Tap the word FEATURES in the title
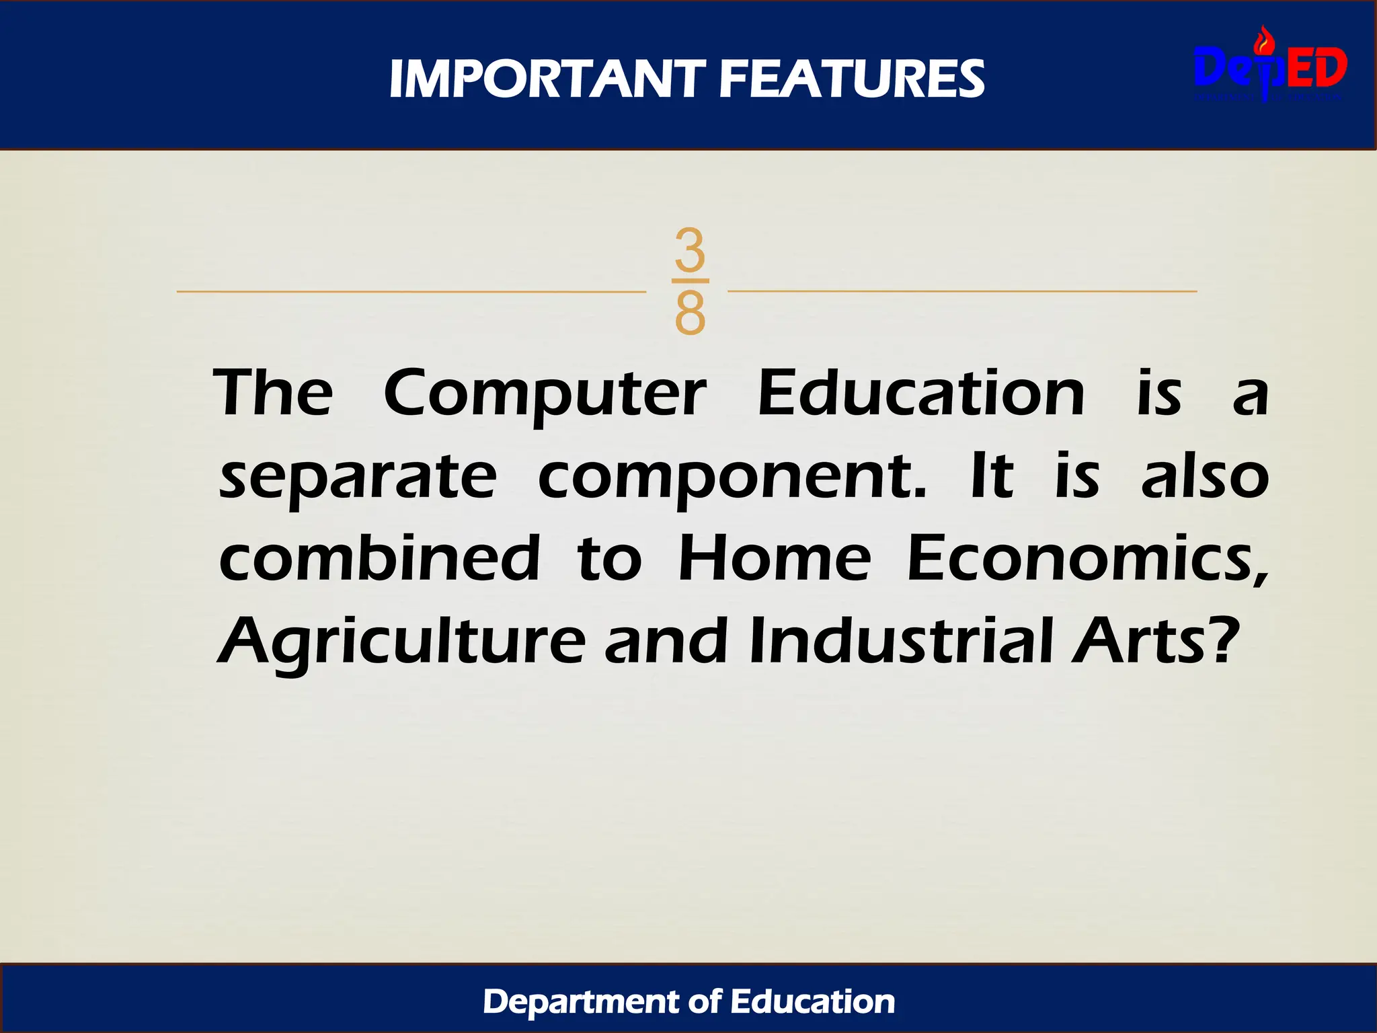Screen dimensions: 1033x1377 coord(852,79)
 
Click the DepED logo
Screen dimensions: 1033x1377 coord(1270,68)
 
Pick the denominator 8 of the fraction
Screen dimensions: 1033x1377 coord(690,313)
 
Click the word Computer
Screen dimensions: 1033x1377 coord(545,395)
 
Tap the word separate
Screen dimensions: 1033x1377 coord(358,478)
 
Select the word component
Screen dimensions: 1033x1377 coord(732,478)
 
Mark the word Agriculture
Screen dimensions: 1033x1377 coord(402,642)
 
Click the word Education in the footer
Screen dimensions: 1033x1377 coord(813,1002)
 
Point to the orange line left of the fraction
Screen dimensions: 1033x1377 coord(410,292)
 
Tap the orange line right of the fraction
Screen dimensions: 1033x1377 coord(961,292)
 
